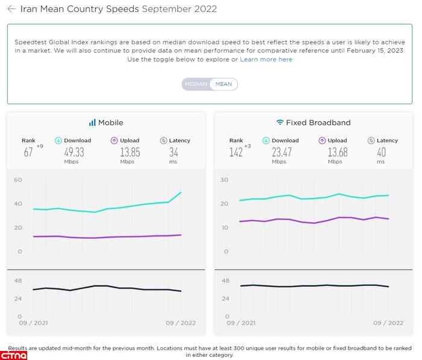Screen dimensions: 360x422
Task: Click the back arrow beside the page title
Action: point(11,9)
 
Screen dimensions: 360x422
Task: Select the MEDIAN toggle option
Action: point(196,84)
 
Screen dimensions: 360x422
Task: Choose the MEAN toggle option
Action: point(224,84)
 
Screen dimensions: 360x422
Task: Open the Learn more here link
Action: point(266,60)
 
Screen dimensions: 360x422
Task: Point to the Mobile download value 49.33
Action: point(74,152)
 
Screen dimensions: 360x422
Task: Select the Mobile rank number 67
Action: point(28,153)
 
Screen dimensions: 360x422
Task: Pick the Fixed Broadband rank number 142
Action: point(236,153)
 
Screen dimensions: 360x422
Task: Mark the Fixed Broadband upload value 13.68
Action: point(337,152)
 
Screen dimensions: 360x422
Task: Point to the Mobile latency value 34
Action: point(173,152)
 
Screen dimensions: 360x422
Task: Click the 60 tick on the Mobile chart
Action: point(18,180)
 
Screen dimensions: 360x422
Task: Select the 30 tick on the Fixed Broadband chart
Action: point(225,180)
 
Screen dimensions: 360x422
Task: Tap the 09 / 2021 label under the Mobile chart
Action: point(34,323)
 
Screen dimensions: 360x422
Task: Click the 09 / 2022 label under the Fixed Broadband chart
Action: point(388,323)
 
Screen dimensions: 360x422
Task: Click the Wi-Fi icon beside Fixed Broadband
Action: point(280,122)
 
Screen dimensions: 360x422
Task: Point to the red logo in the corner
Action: point(13,354)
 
